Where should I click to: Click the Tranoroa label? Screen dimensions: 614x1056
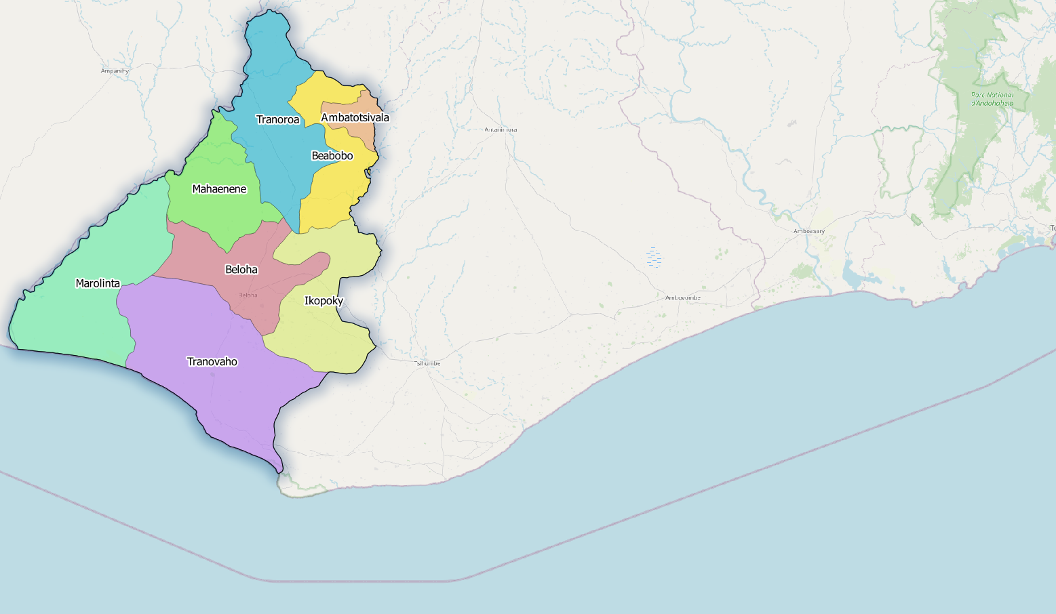[277, 120]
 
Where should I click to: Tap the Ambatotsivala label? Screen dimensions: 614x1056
[355, 118]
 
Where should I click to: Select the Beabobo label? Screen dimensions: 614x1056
[332, 156]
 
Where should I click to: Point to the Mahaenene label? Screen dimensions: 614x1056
[219, 189]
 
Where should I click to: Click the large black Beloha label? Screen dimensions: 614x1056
[241, 270]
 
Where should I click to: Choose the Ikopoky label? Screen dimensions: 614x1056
[324, 301]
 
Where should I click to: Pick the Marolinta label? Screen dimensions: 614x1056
[98, 283]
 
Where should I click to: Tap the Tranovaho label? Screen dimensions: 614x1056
[212, 362]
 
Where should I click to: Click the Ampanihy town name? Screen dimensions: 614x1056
[115, 70]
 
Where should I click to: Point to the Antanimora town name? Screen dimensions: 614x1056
[501, 129]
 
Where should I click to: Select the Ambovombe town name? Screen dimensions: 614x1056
[682, 298]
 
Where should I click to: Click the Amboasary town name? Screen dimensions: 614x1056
[809, 231]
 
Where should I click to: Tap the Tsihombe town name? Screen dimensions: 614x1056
[427, 364]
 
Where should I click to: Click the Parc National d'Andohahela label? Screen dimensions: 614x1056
[992, 99]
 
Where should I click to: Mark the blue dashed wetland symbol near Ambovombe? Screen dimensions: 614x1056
[654, 258]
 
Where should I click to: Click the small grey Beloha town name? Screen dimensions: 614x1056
[248, 295]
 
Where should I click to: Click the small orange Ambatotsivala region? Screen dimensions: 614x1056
[367, 136]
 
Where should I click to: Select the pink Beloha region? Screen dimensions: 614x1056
[203, 254]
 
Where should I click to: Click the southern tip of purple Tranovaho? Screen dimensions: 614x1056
[279, 468]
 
